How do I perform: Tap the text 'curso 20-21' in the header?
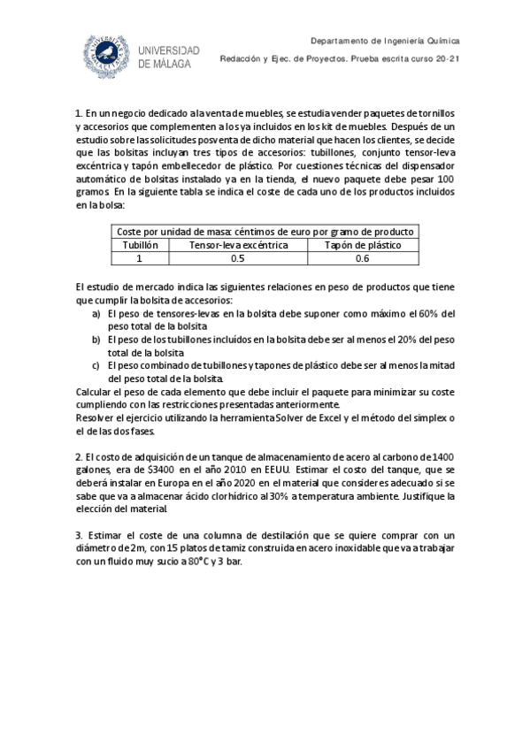[x=437, y=59]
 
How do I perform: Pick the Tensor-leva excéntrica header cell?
[x=238, y=245]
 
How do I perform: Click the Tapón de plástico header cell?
[x=363, y=245]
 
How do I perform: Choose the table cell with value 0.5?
[x=238, y=258]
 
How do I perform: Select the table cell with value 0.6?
[x=363, y=258]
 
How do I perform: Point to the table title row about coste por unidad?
[x=265, y=232]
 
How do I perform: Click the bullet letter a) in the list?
[x=96, y=314]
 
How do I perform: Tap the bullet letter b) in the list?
[x=96, y=340]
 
